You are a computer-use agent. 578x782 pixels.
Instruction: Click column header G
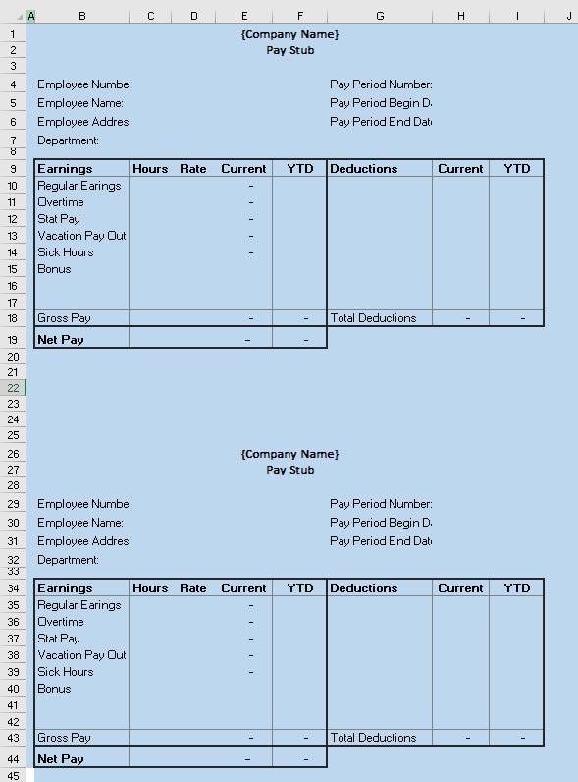pyautogui.click(x=380, y=15)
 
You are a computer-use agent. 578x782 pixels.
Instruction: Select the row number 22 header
pyautogui.click(x=13, y=388)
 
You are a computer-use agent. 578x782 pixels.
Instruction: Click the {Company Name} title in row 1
pyautogui.click(x=289, y=34)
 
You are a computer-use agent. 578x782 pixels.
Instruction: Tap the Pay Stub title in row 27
pyautogui.click(x=289, y=470)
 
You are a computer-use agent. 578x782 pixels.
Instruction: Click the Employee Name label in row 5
pyautogui.click(x=80, y=103)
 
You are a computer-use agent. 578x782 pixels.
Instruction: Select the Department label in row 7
pyautogui.click(x=69, y=140)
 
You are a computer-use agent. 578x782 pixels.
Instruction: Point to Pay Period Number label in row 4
pyautogui.click(x=381, y=84)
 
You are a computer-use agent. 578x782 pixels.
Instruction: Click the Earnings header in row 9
pyautogui.click(x=65, y=169)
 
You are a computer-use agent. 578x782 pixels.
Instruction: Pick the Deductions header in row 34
pyautogui.click(x=363, y=588)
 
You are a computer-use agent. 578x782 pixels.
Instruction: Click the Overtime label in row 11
pyautogui.click(x=61, y=202)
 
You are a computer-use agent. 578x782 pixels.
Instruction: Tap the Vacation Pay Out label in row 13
pyautogui.click(x=81, y=236)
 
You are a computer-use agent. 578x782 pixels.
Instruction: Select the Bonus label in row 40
pyautogui.click(x=54, y=689)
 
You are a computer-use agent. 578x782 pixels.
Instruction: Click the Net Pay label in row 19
pyautogui.click(x=61, y=340)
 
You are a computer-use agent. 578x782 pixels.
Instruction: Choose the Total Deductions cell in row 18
pyautogui.click(x=373, y=318)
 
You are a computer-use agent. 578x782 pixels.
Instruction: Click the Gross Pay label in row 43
pyautogui.click(x=64, y=738)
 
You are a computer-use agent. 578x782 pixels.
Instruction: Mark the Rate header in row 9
pyautogui.click(x=193, y=169)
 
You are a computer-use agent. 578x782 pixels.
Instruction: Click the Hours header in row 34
pyautogui.click(x=150, y=588)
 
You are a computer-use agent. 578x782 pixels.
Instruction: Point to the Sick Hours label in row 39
pyautogui.click(x=66, y=672)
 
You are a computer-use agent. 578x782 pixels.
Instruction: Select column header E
pyautogui.click(x=243, y=15)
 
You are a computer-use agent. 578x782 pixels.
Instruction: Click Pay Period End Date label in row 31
pyautogui.click(x=381, y=541)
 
